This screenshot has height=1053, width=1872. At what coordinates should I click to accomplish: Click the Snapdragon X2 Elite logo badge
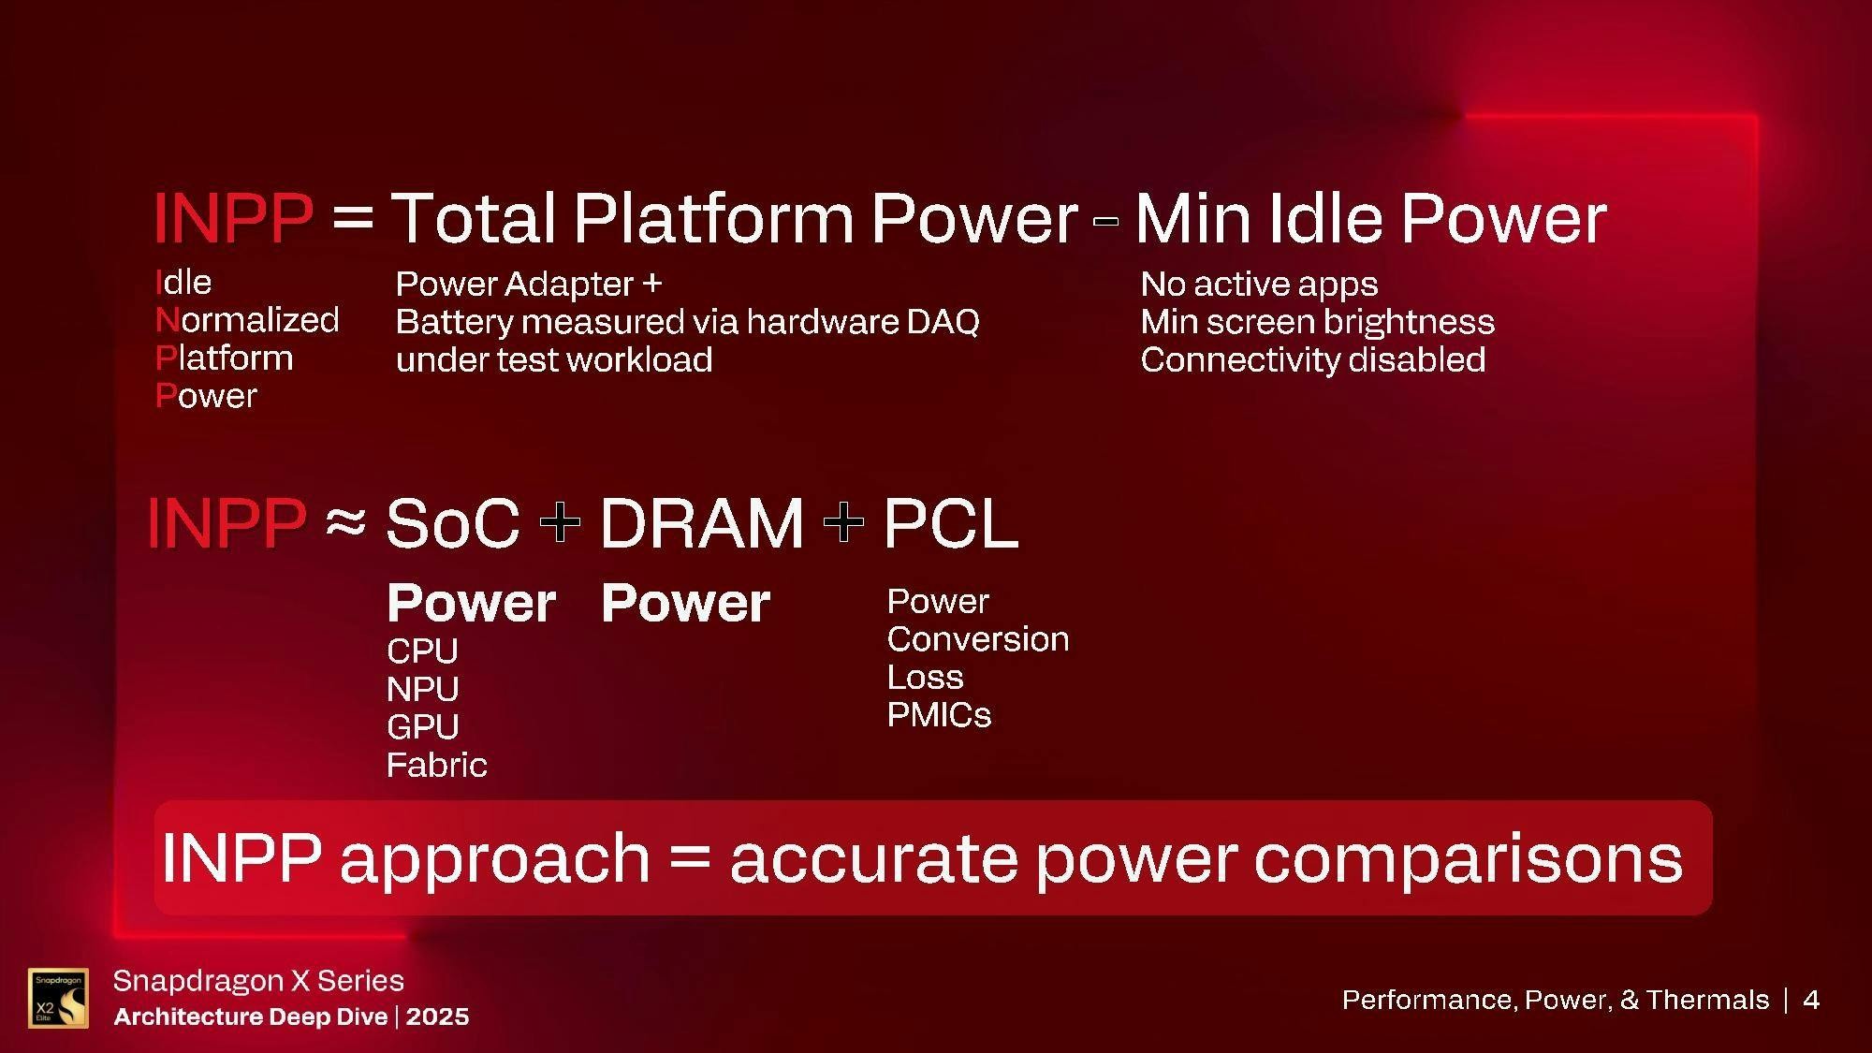58,998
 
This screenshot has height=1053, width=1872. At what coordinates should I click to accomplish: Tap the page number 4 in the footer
1811,1000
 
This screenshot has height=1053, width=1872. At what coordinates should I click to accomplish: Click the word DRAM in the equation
701,522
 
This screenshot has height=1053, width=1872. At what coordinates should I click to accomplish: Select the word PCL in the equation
950,522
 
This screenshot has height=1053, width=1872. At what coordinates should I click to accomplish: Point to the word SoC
452,522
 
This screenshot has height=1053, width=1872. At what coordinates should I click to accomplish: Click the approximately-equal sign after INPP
345,521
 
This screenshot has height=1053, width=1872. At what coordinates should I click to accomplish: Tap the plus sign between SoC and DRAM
560,521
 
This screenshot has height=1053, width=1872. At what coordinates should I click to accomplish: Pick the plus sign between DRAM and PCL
843,521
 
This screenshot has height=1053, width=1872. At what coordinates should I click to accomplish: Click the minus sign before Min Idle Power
1105,221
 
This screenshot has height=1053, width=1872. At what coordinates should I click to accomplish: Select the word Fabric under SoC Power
437,765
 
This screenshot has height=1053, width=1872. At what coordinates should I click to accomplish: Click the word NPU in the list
423,689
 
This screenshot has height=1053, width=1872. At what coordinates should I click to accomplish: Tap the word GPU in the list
423,726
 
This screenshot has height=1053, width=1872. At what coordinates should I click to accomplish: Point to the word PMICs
939,715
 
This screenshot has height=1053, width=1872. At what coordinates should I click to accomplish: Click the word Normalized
247,320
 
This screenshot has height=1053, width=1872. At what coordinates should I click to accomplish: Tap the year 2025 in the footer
438,1016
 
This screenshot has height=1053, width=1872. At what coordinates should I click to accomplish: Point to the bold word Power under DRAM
686,602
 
